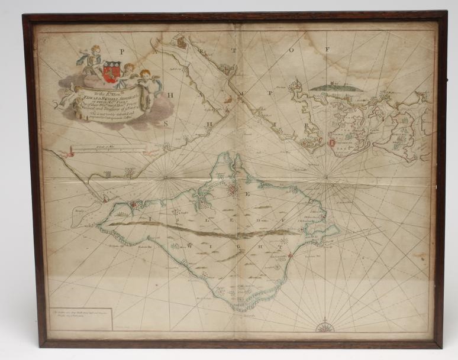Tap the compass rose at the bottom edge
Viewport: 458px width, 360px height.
coord(325,326)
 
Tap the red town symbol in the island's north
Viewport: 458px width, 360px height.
coord(233,190)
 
